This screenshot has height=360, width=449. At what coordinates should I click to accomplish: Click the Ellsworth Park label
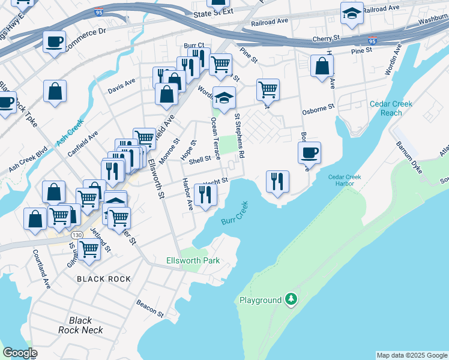(193, 260)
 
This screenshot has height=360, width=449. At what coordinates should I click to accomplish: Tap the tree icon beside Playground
(291, 299)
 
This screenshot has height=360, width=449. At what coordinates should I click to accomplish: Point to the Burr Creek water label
(234, 214)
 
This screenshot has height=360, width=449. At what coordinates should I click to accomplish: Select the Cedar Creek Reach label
(391, 108)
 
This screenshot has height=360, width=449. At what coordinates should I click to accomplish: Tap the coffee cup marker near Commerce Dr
(55, 42)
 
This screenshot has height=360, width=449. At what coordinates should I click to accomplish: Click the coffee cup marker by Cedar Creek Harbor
(309, 152)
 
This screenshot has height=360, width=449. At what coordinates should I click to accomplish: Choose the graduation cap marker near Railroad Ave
(352, 13)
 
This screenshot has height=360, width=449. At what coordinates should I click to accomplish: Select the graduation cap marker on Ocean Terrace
(224, 98)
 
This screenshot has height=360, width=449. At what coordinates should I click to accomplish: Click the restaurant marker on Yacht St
(206, 194)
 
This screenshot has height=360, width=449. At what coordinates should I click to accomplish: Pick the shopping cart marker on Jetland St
(89, 249)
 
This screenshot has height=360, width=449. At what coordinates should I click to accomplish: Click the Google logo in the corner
(20, 353)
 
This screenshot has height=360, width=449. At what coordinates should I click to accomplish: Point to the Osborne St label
(318, 108)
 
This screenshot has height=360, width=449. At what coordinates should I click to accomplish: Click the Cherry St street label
(326, 38)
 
